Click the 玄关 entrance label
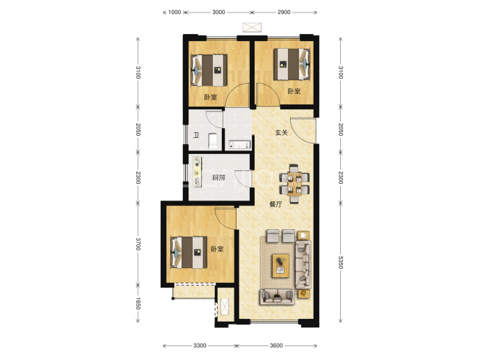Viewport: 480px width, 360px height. (x=281, y=133)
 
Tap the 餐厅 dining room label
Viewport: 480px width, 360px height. (x=275, y=204)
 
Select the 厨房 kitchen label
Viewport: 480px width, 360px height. (x=218, y=178)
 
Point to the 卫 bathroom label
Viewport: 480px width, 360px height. (x=196, y=135)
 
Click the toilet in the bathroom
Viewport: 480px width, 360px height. (x=212, y=141)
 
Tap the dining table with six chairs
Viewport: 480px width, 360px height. (x=294, y=184)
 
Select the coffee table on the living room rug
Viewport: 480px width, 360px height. (x=281, y=265)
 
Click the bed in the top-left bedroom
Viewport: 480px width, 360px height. (x=209, y=70)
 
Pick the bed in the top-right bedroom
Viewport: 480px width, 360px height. (x=291, y=64)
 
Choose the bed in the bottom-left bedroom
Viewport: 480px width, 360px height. (x=189, y=252)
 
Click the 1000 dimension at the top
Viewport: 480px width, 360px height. (x=175, y=13)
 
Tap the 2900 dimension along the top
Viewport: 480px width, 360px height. (x=284, y=13)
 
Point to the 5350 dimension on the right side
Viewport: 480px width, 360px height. (x=340, y=262)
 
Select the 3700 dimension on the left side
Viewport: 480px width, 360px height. (x=138, y=244)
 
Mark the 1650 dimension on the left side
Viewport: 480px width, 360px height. (x=138, y=304)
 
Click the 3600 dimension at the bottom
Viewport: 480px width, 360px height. (x=276, y=345)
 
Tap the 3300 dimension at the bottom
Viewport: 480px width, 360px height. (x=200, y=345)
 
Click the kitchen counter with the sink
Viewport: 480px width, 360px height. (x=197, y=171)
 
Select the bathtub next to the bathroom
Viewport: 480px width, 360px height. (x=239, y=145)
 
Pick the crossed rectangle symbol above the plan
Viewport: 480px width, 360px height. (x=252, y=27)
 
